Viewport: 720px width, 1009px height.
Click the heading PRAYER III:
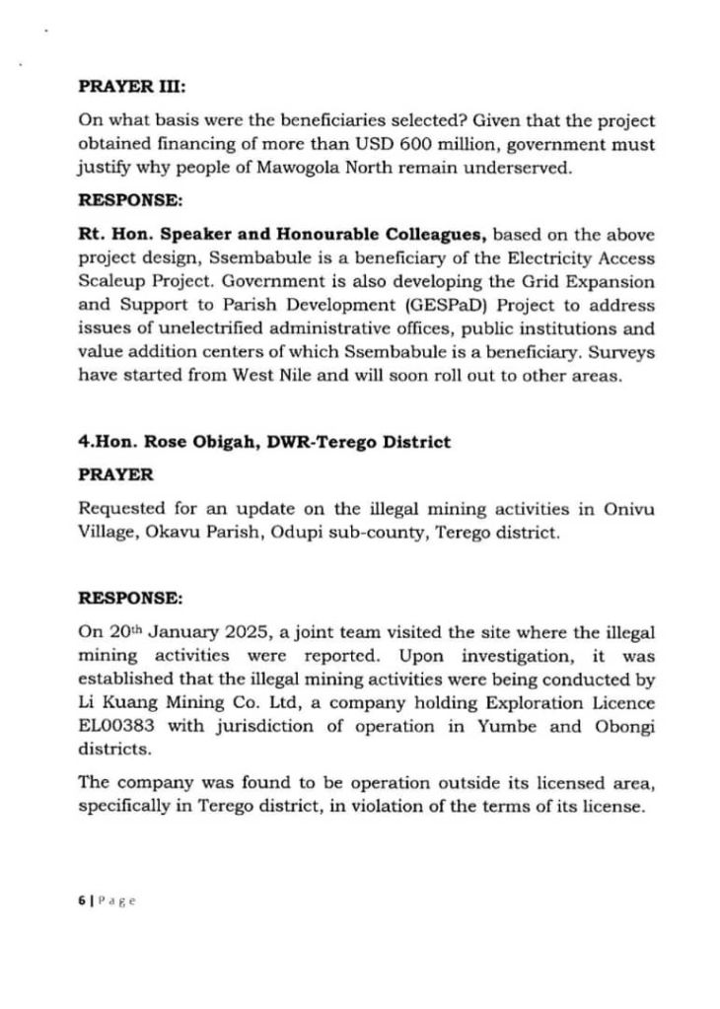tap(124, 85)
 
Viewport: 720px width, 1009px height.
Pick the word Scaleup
tap(109, 283)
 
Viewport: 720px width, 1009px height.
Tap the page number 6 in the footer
tap(81, 901)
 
